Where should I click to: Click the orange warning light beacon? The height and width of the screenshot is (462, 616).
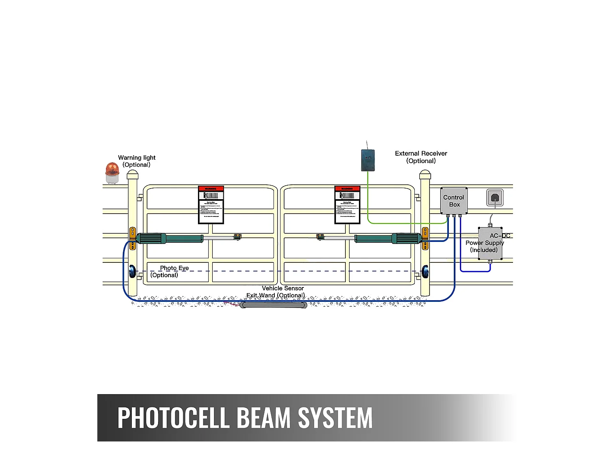click(x=112, y=172)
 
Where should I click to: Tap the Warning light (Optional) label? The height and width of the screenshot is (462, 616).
click(x=137, y=161)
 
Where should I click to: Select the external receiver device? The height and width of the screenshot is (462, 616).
click(x=368, y=160)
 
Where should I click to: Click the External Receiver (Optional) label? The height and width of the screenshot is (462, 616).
click(x=421, y=157)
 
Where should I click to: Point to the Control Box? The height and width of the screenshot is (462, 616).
click(x=454, y=201)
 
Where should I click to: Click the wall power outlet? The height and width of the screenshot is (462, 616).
click(x=495, y=198)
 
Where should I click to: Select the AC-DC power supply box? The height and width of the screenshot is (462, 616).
click(x=490, y=243)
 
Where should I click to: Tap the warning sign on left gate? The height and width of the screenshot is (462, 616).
click(x=211, y=205)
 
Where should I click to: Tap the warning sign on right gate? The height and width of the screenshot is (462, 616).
click(x=347, y=205)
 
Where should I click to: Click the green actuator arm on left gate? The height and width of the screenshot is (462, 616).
click(x=169, y=238)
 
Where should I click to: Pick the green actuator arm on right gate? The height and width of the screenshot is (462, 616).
click(x=388, y=238)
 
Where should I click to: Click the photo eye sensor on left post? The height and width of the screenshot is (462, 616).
click(x=133, y=271)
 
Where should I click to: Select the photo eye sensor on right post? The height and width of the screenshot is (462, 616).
click(x=425, y=271)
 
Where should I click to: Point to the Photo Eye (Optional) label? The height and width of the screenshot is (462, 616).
click(x=170, y=271)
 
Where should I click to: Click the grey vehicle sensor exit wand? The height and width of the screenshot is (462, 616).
click(x=274, y=305)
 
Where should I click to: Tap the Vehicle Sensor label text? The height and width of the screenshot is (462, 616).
click(x=283, y=288)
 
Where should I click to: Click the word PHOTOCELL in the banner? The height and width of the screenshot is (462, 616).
click(x=173, y=418)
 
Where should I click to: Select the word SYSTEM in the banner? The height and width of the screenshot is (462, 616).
click(x=335, y=418)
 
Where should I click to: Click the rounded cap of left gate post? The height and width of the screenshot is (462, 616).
click(x=133, y=175)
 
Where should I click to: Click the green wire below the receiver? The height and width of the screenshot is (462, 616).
click(x=368, y=197)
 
